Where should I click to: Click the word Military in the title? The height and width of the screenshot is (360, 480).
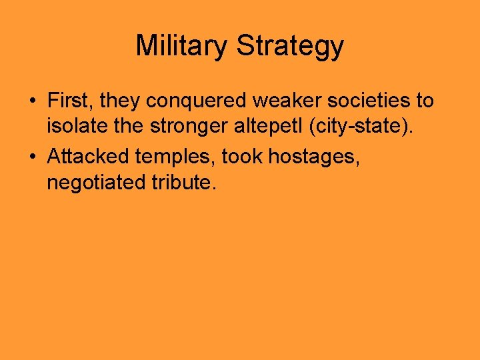[182, 46]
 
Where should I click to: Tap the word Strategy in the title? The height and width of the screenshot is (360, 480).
[290, 46]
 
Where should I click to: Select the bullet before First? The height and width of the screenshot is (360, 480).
[31, 102]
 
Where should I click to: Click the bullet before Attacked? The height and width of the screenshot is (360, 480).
[31, 157]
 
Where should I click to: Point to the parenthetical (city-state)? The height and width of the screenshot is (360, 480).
[360, 126]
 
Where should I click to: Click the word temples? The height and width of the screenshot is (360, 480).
[175, 157]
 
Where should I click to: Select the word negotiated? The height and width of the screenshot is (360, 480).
[92, 183]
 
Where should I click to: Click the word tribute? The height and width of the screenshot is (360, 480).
[179, 182]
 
